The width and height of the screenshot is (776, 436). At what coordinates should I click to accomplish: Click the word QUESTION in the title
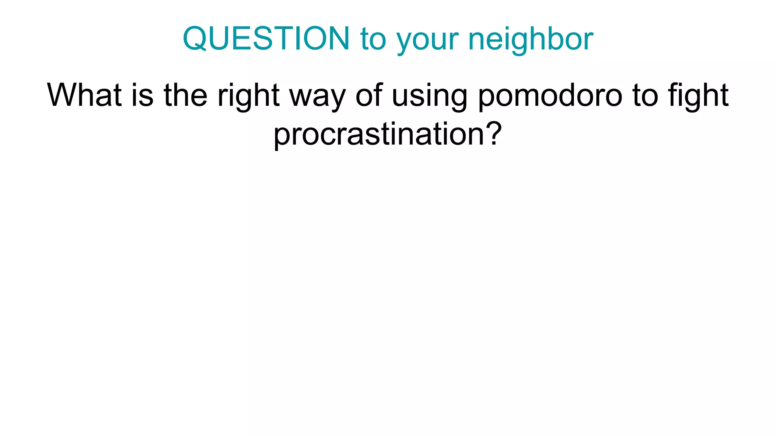pyautogui.click(x=266, y=39)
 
